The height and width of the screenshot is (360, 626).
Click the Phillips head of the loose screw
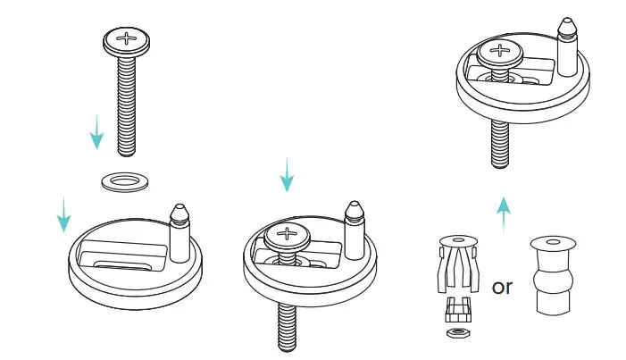click(x=127, y=38)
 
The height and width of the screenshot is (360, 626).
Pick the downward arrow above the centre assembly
click(x=287, y=175)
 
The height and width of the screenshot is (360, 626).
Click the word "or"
click(x=503, y=287)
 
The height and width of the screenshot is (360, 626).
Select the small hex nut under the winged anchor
click(x=457, y=332)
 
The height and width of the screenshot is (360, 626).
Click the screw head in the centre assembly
click(x=288, y=237)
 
